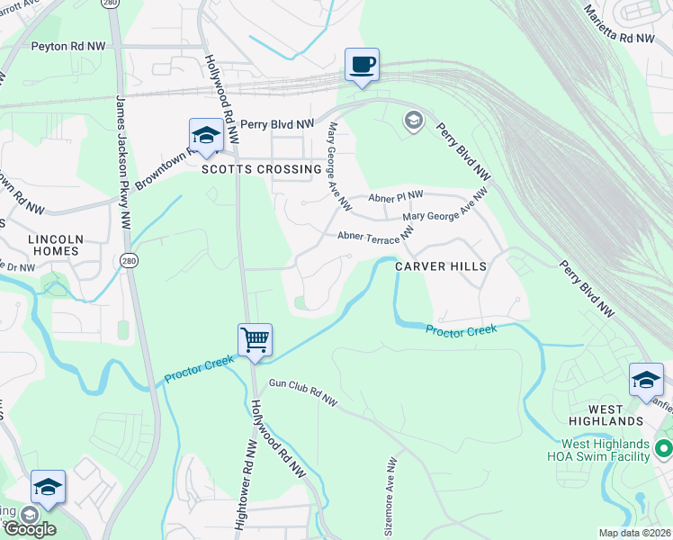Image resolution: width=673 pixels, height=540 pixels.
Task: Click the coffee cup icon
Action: pyautogui.click(x=363, y=66)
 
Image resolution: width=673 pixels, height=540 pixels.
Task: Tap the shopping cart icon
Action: pyautogui.click(x=256, y=340)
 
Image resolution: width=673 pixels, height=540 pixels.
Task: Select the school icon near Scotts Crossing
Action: pyautogui.click(x=206, y=136)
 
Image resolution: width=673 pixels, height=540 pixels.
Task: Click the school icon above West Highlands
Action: pyautogui.click(x=646, y=380)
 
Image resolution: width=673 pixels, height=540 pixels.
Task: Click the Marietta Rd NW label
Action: pyautogui.click(x=619, y=24)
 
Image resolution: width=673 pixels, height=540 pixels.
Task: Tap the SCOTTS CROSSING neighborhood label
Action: pyautogui.click(x=261, y=169)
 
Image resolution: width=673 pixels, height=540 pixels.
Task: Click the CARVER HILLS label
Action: pyautogui.click(x=442, y=266)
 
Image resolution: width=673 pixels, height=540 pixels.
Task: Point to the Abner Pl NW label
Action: pyautogui.click(x=396, y=196)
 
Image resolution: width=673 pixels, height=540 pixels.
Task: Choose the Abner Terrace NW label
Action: pyautogui.click(x=374, y=236)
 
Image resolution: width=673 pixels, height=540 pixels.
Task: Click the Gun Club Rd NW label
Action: pyautogui.click(x=301, y=393)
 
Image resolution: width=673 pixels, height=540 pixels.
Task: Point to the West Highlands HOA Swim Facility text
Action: pyautogui.click(x=606, y=450)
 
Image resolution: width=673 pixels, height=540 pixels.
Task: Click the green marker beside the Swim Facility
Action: pyautogui.click(x=664, y=447)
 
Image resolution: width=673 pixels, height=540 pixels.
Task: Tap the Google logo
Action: pyautogui.click(x=29, y=528)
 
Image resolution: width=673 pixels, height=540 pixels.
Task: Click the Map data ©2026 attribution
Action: pyautogui.click(x=634, y=533)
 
